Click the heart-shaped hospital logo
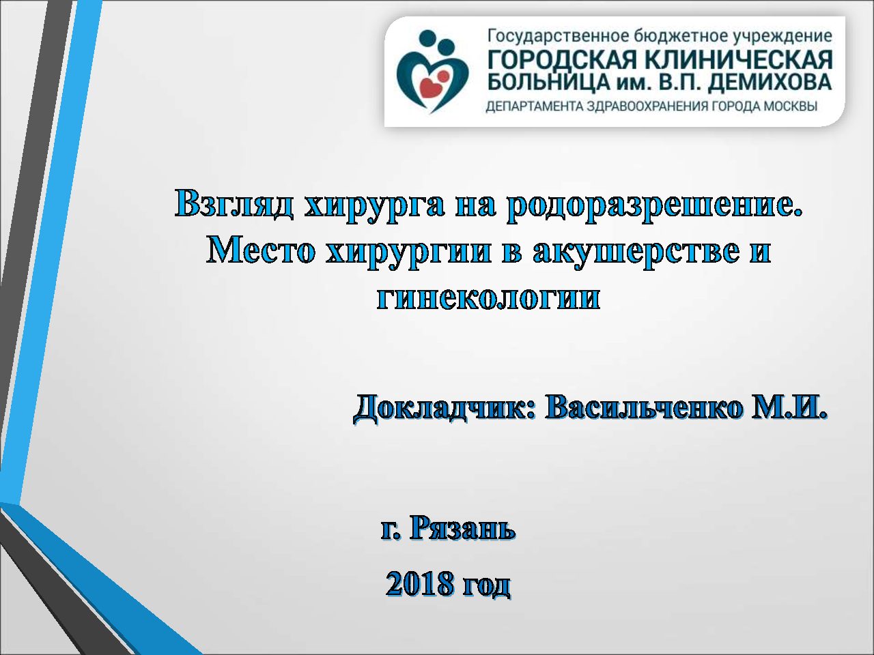tap(432, 71)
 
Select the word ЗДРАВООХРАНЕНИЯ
tap(647, 106)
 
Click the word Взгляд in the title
tap(234, 203)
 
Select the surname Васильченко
tap(644, 407)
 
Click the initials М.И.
tap(789, 407)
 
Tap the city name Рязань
tap(463, 528)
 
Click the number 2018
tap(420, 583)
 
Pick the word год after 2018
tap(486, 585)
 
